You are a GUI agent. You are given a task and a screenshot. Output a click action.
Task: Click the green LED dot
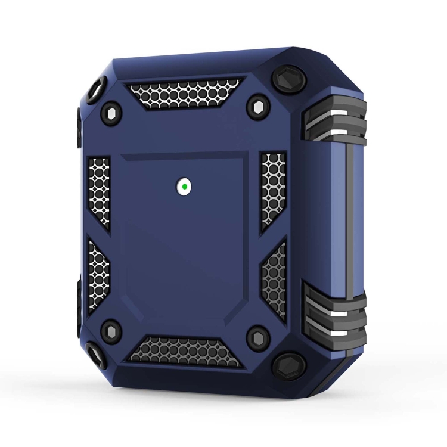pos(186,187)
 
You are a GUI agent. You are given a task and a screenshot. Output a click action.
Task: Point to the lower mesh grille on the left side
pos(97,274)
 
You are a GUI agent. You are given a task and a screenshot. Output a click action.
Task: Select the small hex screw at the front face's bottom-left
pos(110,327)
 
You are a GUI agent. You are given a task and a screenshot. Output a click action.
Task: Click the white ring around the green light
pos(181,187)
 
